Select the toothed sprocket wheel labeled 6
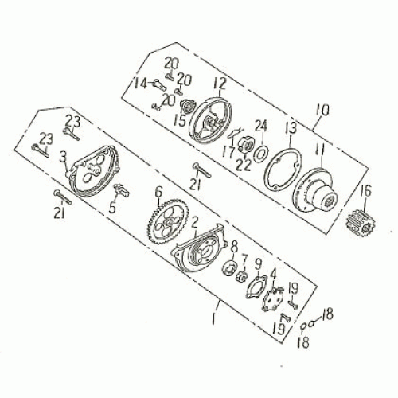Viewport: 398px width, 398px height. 167,220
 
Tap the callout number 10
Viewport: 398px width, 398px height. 322,111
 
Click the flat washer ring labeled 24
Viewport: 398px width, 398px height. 261,154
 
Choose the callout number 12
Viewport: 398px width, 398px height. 220,84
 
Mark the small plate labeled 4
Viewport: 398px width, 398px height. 273,299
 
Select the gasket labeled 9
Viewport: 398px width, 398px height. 256,287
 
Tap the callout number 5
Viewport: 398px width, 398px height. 112,206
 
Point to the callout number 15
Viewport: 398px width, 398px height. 180,120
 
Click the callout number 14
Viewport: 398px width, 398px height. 140,84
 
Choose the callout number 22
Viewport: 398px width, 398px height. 244,166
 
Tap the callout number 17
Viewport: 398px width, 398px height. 228,152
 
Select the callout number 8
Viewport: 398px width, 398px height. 234,247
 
